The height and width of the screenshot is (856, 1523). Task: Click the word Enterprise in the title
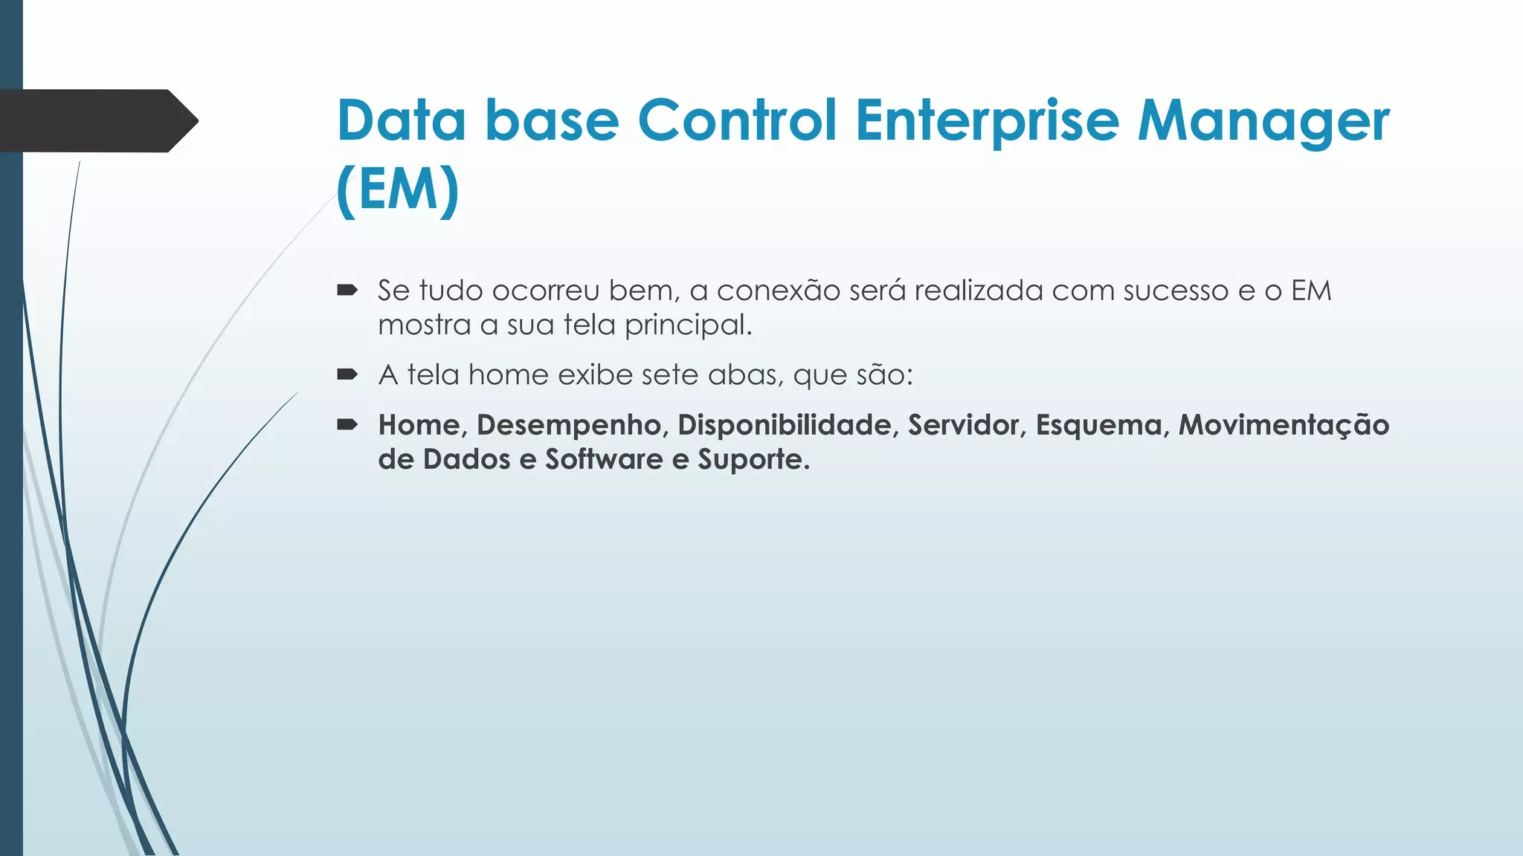coord(986,121)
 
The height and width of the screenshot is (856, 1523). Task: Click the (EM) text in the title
coord(398,190)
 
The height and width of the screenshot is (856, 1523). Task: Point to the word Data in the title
coord(402,121)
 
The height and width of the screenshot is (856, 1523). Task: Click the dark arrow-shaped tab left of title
coord(97,121)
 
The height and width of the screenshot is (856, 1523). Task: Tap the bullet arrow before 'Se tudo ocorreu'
coord(347,291)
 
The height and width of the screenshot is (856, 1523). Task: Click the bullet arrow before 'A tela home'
coord(347,374)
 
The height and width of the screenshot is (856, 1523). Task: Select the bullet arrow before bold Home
coord(347,425)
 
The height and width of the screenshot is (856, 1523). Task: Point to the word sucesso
coord(1176,291)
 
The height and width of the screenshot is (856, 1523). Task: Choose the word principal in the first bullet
coord(688,325)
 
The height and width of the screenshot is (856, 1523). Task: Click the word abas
coord(745,374)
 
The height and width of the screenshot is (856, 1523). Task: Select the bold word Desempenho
coord(572,425)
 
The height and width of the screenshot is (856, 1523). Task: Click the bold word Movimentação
coord(1284,425)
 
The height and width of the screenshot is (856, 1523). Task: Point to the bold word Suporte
coord(753,459)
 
